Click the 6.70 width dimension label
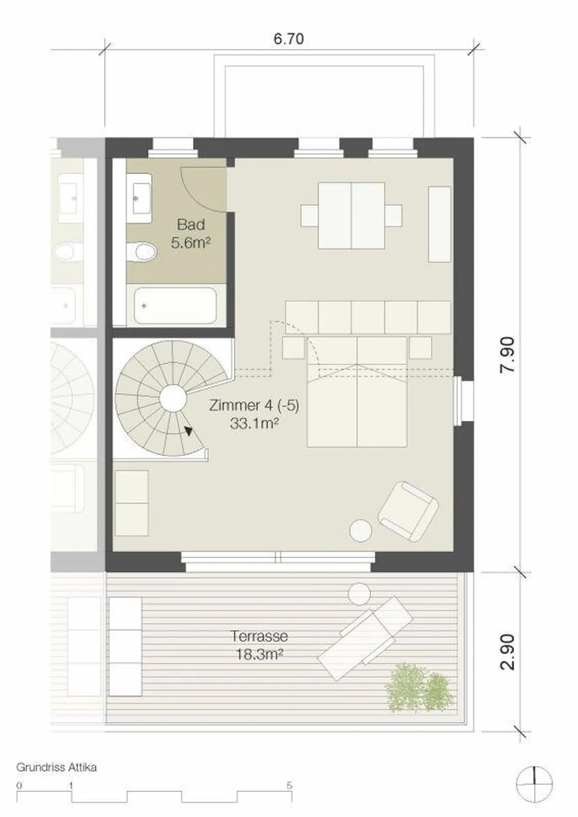(x=289, y=39)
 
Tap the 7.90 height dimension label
(x=508, y=355)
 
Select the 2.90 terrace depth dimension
(x=508, y=652)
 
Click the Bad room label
(x=191, y=224)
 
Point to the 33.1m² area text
(x=254, y=424)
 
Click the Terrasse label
(x=259, y=636)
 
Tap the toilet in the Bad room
(x=141, y=252)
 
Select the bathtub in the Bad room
(x=175, y=306)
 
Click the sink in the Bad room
(x=139, y=198)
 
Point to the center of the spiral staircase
(x=173, y=398)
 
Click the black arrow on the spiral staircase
(x=188, y=431)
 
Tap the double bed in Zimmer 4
(x=357, y=392)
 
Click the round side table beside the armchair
(x=360, y=531)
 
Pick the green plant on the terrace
(x=419, y=688)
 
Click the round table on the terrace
(x=359, y=594)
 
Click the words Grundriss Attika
(x=56, y=768)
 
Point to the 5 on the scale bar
(x=289, y=786)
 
